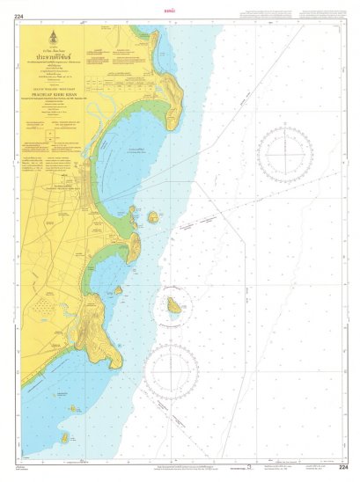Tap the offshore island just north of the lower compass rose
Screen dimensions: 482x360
click(175, 308)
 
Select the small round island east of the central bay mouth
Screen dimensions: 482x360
click(152, 216)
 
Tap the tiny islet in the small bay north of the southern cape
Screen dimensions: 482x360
click(118, 289)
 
